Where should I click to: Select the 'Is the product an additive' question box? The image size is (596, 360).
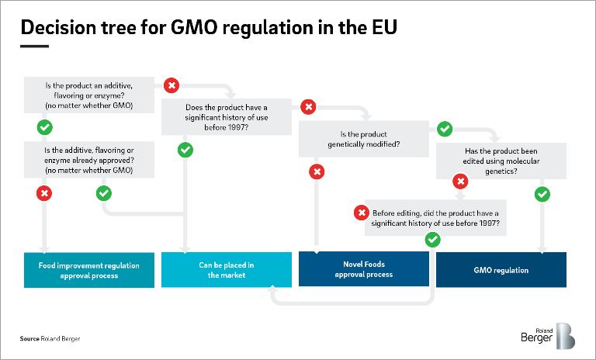point(89,95)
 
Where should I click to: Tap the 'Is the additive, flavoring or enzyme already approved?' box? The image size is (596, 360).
point(89,160)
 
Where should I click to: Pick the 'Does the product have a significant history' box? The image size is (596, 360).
point(227,117)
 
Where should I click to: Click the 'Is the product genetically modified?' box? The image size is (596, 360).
point(364,139)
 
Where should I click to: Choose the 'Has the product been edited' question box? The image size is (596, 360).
point(501,161)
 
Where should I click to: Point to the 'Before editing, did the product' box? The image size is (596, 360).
point(435,218)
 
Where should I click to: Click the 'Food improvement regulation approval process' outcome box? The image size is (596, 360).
point(89,270)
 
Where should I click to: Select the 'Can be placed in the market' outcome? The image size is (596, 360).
point(227,269)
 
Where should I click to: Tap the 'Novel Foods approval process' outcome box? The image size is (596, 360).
point(364,268)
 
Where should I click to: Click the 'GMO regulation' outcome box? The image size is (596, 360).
point(501,269)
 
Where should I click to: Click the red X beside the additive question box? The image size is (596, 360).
point(172,85)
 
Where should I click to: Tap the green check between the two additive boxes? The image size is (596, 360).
point(45,127)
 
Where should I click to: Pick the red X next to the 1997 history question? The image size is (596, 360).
point(308,107)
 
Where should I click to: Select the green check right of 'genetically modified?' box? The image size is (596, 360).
point(445,129)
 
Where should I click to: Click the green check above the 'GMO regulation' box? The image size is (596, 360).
point(542,194)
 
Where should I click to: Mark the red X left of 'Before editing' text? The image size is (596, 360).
point(362,213)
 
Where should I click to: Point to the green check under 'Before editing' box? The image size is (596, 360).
point(432,240)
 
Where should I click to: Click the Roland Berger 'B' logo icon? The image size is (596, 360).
point(566,336)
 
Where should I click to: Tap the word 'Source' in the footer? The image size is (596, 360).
point(29,339)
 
